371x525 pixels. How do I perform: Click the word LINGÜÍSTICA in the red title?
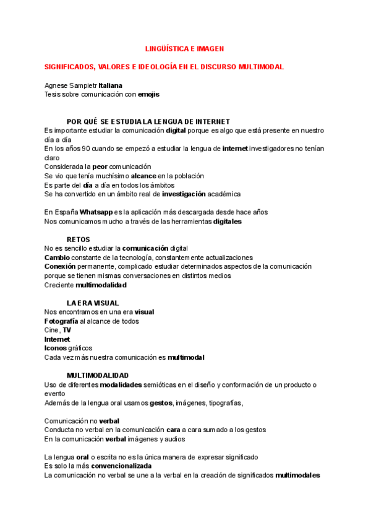(166, 48)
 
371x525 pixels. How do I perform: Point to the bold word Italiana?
(111, 85)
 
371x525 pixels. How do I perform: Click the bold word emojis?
(148, 94)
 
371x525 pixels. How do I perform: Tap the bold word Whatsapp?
(96, 212)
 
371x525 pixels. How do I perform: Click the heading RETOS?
(78, 239)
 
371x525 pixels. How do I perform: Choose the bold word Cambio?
(57, 257)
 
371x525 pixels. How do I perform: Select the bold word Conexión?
(60, 266)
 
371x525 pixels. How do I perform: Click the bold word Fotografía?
(61, 321)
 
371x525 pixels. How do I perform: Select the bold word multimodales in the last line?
(297, 475)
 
